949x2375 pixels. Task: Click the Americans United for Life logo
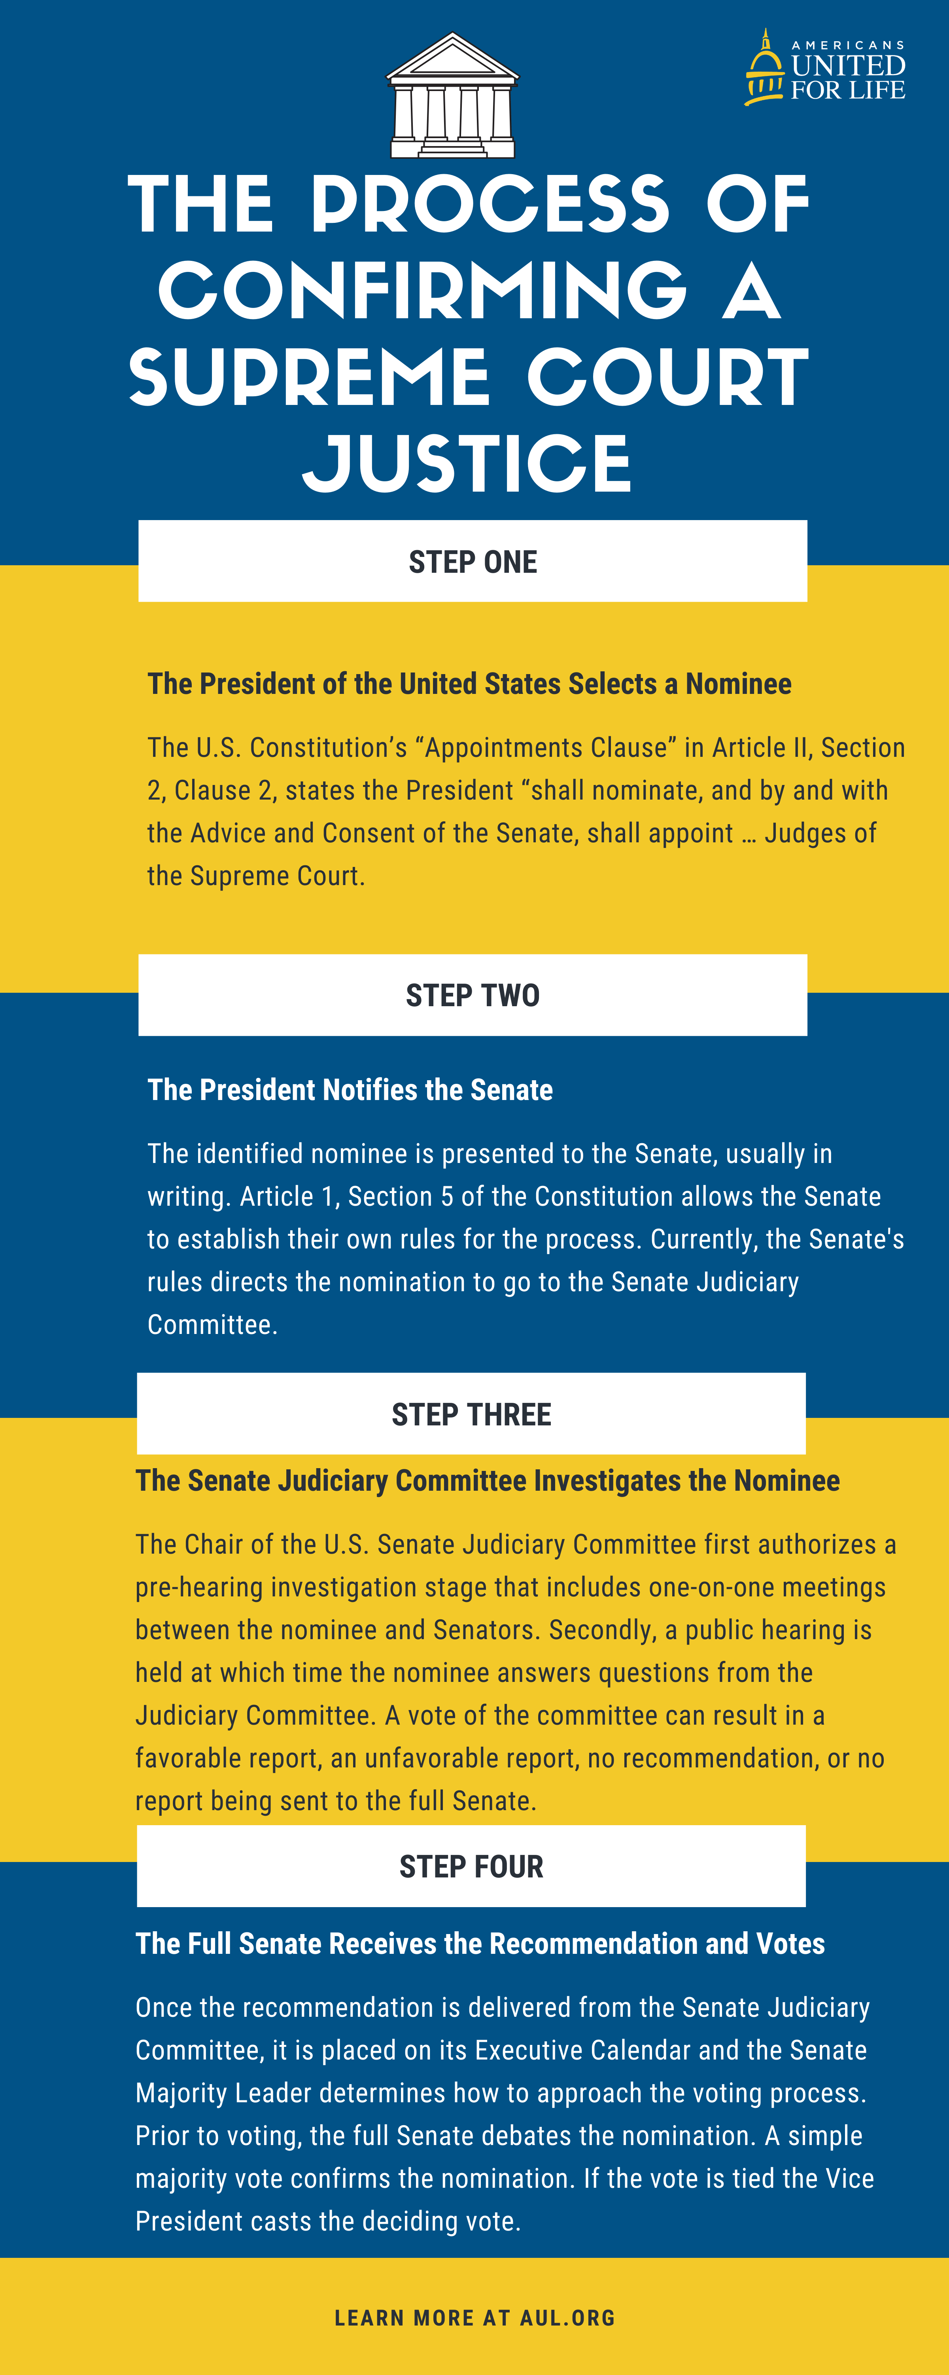click(826, 69)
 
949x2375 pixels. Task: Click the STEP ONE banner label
click(473, 561)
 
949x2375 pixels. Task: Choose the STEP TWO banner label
click(473, 996)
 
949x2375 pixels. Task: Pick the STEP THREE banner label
click(472, 1414)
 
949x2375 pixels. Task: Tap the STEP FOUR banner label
click(472, 1866)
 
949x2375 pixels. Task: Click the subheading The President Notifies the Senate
click(350, 1090)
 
